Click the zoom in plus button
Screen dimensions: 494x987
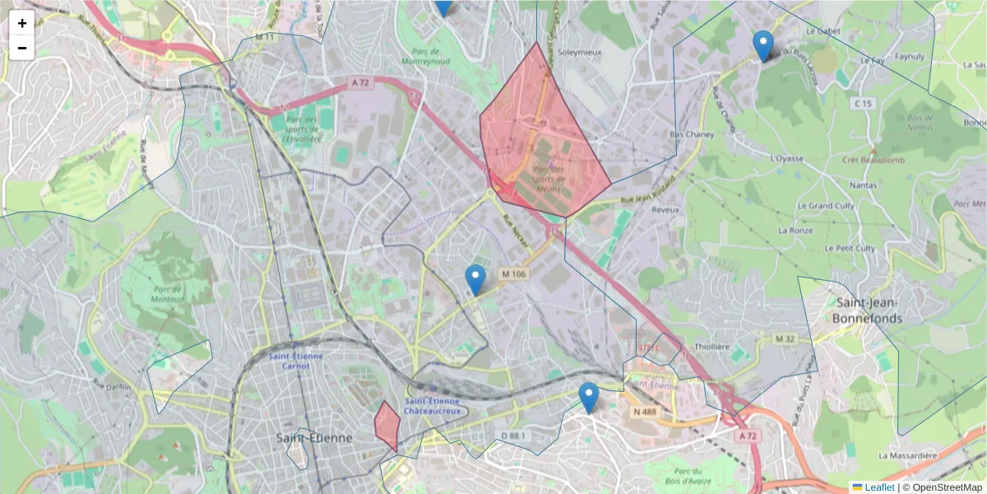(22, 23)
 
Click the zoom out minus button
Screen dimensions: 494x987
(22, 48)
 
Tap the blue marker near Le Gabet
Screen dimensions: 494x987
(763, 44)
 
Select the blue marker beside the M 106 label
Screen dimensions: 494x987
(475, 279)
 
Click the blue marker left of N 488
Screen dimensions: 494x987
(588, 397)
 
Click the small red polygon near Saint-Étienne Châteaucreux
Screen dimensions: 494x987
(387, 425)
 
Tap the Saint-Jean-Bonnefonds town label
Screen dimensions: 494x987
(867, 310)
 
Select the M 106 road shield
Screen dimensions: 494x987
(512, 274)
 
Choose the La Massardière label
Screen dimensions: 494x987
(908, 455)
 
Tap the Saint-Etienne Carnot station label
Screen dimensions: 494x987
(296, 361)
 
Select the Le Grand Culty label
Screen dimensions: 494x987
(827, 206)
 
